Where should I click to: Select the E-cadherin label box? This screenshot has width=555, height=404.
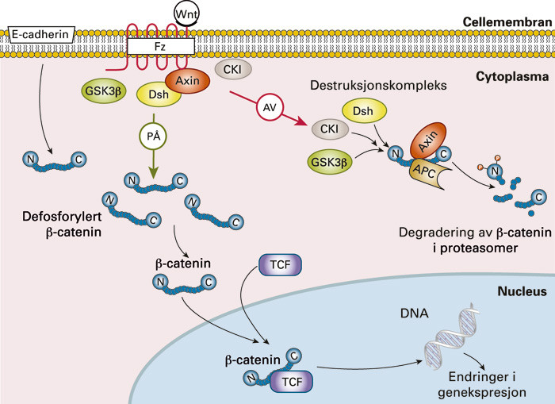[39, 34]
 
